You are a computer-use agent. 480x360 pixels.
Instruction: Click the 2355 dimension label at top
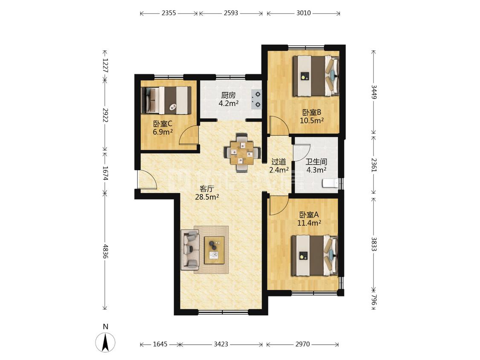pyautogui.click(x=169, y=13)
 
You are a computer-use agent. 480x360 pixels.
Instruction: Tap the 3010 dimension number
pyautogui.click(x=303, y=13)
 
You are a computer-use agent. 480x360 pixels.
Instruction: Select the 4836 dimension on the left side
pyautogui.click(x=106, y=251)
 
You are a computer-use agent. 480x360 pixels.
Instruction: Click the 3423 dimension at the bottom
pyautogui.click(x=221, y=344)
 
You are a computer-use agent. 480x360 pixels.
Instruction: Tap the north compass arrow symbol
pyautogui.click(x=106, y=342)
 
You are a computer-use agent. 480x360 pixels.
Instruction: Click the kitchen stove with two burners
pyautogui.click(x=256, y=99)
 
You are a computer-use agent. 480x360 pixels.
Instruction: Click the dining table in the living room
pyautogui.click(x=242, y=152)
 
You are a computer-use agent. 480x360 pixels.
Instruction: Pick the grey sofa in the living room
pyautogui.click(x=190, y=250)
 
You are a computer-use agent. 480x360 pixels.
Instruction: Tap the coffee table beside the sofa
pyautogui.click(x=214, y=250)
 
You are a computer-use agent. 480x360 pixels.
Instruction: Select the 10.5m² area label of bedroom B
pyautogui.click(x=312, y=120)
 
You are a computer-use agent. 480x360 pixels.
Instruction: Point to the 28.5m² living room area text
pyautogui.click(x=207, y=197)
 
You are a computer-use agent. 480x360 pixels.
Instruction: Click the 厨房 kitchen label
pyautogui.click(x=229, y=95)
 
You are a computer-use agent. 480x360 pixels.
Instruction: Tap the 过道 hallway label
pyautogui.click(x=279, y=162)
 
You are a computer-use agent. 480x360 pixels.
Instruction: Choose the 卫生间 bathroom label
pyautogui.click(x=316, y=162)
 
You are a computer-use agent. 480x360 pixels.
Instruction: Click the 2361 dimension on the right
pyautogui.click(x=374, y=165)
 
